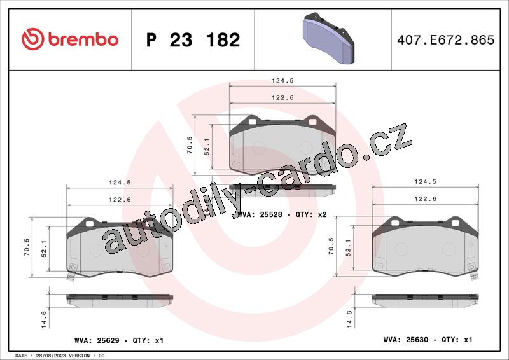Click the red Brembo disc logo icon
click(x=33, y=39)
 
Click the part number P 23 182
click(x=193, y=39)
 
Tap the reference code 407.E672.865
click(x=446, y=39)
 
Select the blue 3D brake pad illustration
click(x=328, y=38)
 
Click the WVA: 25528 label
click(x=260, y=214)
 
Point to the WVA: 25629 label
click(x=97, y=340)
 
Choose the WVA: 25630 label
click(x=406, y=340)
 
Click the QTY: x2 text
click(x=311, y=214)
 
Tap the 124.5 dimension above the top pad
click(x=282, y=80)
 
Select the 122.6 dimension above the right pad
click(x=425, y=198)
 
